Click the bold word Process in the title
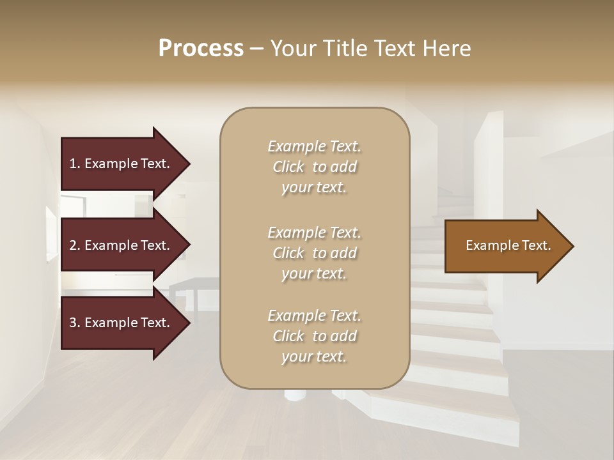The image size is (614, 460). pos(201,48)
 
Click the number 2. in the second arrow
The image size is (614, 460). pos(75,245)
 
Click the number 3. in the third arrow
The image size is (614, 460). pos(75,323)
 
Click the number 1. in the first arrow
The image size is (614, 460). pos(75,164)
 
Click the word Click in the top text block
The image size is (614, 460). pos(288,167)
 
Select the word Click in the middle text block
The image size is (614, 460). pos(288,253)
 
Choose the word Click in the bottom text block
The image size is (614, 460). pos(288,336)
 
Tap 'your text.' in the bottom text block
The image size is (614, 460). pos(314,356)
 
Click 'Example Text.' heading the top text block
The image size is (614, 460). pos(314,146)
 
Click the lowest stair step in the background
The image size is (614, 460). pos(448,409)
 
